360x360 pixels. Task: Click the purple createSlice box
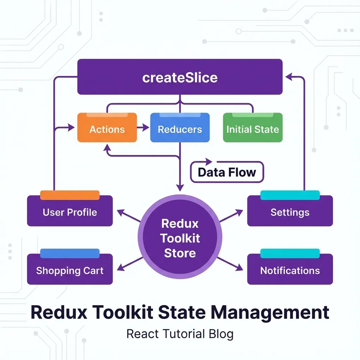point(180,77)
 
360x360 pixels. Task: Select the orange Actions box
point(107,128)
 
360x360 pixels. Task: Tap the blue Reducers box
point(180,128)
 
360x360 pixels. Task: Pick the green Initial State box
point(253,128)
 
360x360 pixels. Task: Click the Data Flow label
point(227,173)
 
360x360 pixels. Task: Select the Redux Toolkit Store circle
point(180,238)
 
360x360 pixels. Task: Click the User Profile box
point(70,212)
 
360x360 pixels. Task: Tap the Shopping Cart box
point(70,271)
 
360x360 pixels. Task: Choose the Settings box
point(290,212)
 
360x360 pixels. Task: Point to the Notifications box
point(290,271)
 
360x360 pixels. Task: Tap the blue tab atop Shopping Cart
point(70,253)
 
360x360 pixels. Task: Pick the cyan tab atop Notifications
point(290,253)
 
